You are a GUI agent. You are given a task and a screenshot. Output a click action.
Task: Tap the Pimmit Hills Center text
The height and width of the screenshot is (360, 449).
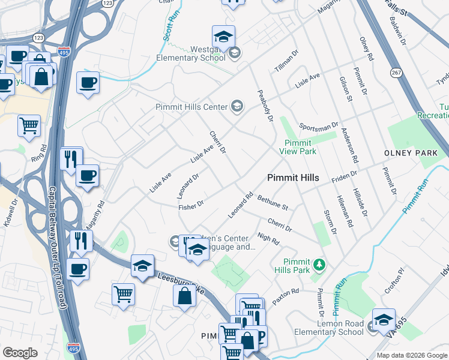click(191, 107)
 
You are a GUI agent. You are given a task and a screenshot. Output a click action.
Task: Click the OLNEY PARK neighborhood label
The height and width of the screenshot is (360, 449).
click(411, 153)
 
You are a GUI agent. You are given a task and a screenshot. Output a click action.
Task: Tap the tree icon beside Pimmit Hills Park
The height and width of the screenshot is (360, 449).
click(319, 263)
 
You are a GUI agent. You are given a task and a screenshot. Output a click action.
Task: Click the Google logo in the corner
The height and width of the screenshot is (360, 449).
click(20, 353)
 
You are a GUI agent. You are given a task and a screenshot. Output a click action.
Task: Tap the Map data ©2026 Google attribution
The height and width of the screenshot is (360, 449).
click(412, 355)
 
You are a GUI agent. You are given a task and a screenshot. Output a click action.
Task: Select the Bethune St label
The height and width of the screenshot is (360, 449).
click(273, 202)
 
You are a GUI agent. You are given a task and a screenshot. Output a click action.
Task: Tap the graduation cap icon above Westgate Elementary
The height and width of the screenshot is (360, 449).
click(223, 37)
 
